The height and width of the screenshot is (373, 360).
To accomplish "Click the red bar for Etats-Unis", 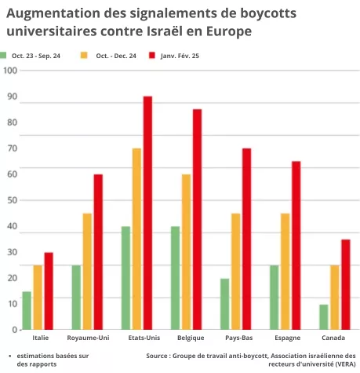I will click(x=147, y=212).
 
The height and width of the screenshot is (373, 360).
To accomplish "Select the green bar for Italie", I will click(x=27, y=310).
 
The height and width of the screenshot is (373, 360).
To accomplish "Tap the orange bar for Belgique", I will click(x=186, y=251).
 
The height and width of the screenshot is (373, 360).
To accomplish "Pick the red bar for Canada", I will click(x=345, y=284).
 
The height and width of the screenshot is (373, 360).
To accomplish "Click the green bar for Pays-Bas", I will click(x=225, y=304).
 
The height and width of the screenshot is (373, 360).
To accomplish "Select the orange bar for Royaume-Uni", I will click(x=87, y=271).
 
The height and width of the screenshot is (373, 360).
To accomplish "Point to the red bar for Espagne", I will click(x=296, y=245).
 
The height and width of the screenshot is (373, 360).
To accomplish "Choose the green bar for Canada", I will click(x=323, y=316).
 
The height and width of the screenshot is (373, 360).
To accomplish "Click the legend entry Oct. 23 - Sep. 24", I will click(x=35, y=56).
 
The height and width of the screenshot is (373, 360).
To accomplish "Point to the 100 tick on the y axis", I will click(x=11, y=70).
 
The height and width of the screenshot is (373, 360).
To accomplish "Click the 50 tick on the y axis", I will click(x=11, y=199).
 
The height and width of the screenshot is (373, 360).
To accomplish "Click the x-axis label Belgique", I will click(x=187, y=338).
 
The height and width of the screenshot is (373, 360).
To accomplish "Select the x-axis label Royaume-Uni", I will click(x=88, y=338).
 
